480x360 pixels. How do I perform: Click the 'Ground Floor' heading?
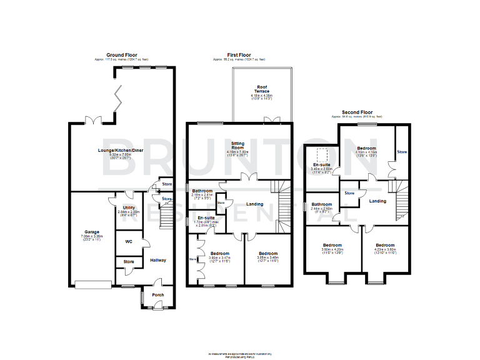coord(122,56)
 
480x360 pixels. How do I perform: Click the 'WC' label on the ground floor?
coord(128,241)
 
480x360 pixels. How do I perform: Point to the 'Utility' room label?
coord(129,207)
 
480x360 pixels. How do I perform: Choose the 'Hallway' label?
coord(157,260)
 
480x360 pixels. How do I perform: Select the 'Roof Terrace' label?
coord(262,89)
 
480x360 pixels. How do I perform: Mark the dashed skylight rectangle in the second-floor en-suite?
coord(323,154)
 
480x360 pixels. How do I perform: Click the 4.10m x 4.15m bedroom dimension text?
coord(366,152)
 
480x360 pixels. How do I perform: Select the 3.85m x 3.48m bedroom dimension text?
coord(267,257)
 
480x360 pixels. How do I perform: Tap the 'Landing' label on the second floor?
coord(377,201)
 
